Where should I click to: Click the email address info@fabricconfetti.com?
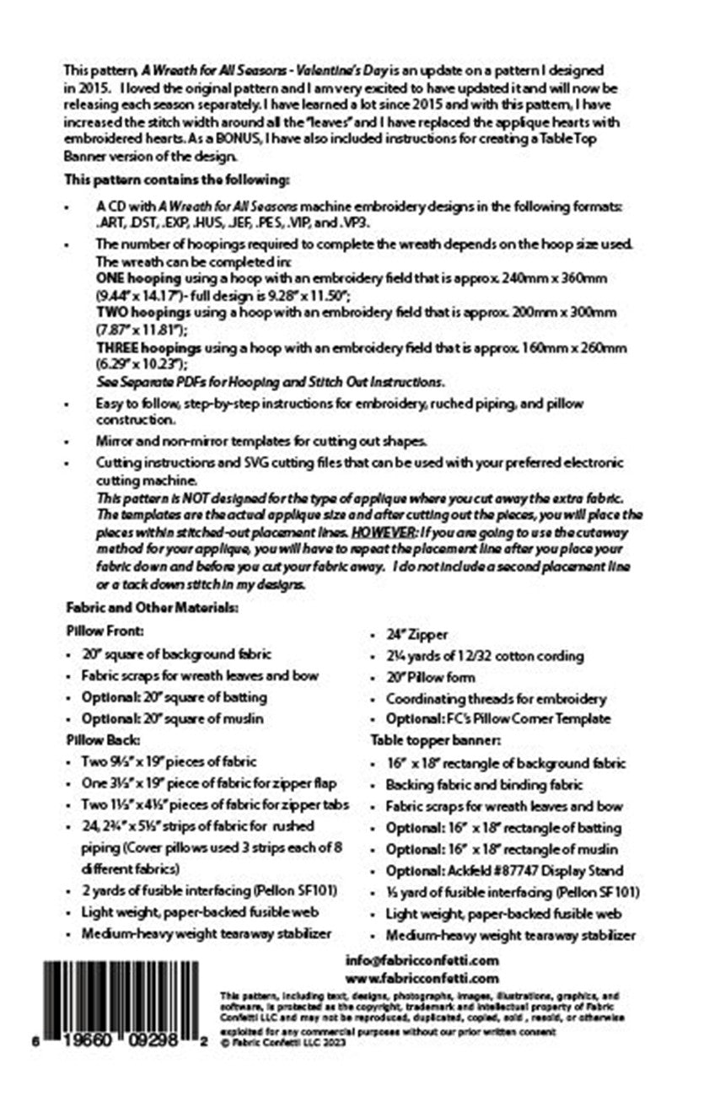[x=422, y=960]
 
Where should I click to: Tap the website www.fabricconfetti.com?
[x=422, y=979]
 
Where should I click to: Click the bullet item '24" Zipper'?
[x=417, y=635]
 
